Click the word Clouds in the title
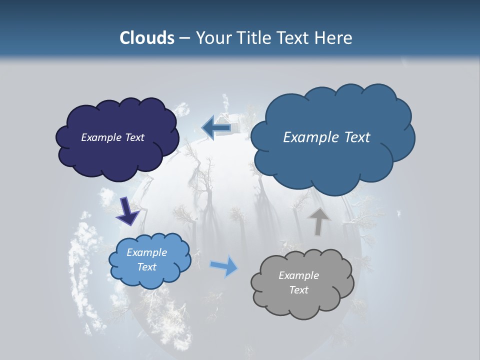point(146,38)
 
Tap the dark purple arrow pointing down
point(127,211)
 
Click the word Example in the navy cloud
point(99,137)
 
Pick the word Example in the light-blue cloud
point(146,252)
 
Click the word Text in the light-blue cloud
point(146,267)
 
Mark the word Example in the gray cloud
point(298,275)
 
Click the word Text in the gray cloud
point(298,290)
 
